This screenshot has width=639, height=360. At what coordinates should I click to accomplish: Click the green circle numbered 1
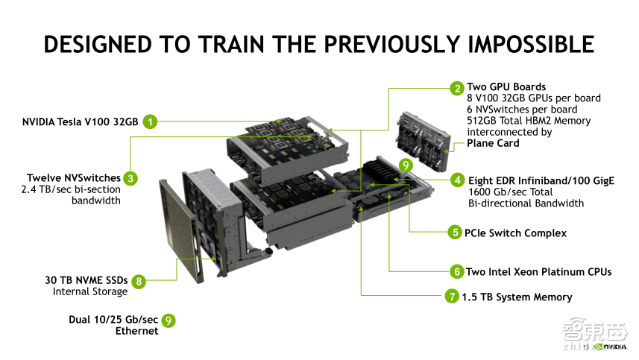tap(151, 121)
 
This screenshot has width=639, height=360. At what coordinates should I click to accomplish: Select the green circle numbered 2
tap(456, 88)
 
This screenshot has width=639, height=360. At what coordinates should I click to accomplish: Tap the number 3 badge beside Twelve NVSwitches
tap(130, 178)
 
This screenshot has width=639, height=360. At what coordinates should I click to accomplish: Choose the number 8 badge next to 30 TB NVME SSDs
tap(138, 282)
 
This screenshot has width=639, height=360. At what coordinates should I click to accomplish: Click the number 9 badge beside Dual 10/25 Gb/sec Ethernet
tap(169, 320)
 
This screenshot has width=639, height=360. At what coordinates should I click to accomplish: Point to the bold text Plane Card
tap(493, 143)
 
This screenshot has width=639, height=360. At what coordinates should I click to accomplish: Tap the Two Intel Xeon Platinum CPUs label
tap(538, 271)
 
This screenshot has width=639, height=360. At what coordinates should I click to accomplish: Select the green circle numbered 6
tap(455, 271)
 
